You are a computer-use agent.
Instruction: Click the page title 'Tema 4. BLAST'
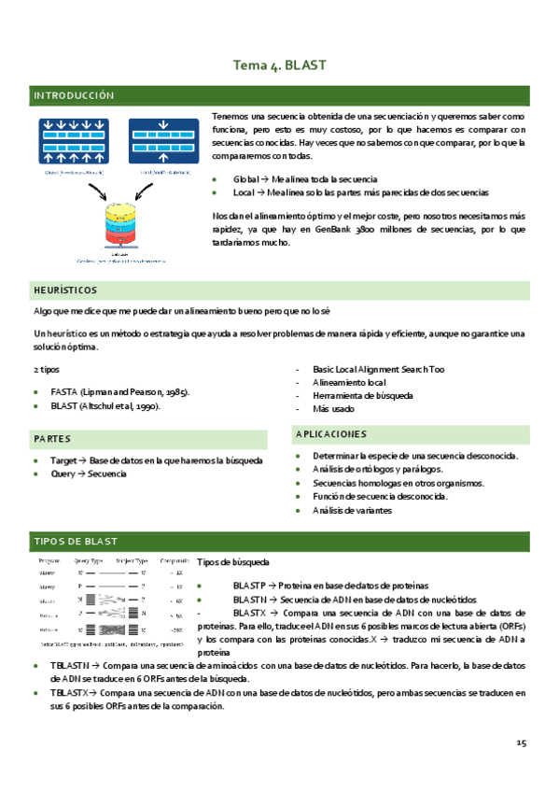point(279,65)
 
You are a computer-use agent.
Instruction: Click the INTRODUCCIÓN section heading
point(74,96)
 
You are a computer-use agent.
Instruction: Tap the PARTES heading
point(52,438)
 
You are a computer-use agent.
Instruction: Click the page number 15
point(521,742)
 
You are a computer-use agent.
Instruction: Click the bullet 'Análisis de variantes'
point(352,510)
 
